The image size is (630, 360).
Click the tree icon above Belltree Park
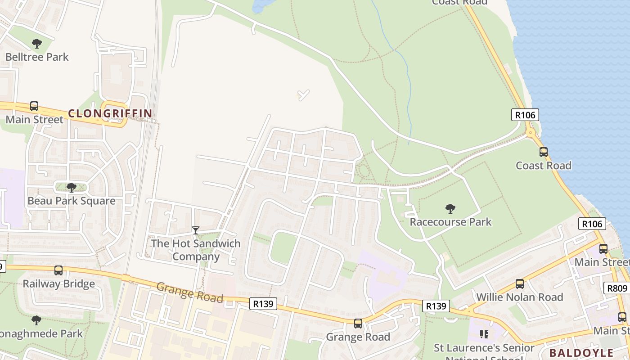click(x=37, y=44)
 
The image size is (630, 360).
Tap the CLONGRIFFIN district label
click(x=110, y=113)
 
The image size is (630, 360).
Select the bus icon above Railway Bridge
click(x=58, y=270)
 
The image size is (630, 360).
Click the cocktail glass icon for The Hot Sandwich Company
click(x=196, y=230)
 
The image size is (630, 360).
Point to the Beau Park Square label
click(x=72, y=201)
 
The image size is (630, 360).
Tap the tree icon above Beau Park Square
click(x=71, y=187)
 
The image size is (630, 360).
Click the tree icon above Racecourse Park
click(x=450, y=208)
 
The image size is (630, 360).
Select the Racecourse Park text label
click(x=450, y=222)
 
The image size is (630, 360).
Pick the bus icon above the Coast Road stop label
click(x=544, y=152)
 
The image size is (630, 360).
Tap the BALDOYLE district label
click(x=581, y=352)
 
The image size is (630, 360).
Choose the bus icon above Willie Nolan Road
click(x=520, y=284)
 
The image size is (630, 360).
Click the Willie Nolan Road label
click(x=520, y=297)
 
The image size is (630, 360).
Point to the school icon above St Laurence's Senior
click(x=484, y=334)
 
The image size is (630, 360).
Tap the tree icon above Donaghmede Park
click(x=36, y=320)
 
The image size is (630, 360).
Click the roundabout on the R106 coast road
click(x=531, y=132)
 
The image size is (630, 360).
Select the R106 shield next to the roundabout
click(x=525, y=115)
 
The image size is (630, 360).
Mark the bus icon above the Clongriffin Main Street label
click(x=34, y=106)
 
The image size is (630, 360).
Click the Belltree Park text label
click(x=37, y=57)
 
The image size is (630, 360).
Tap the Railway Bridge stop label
click(x=58, y=284)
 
